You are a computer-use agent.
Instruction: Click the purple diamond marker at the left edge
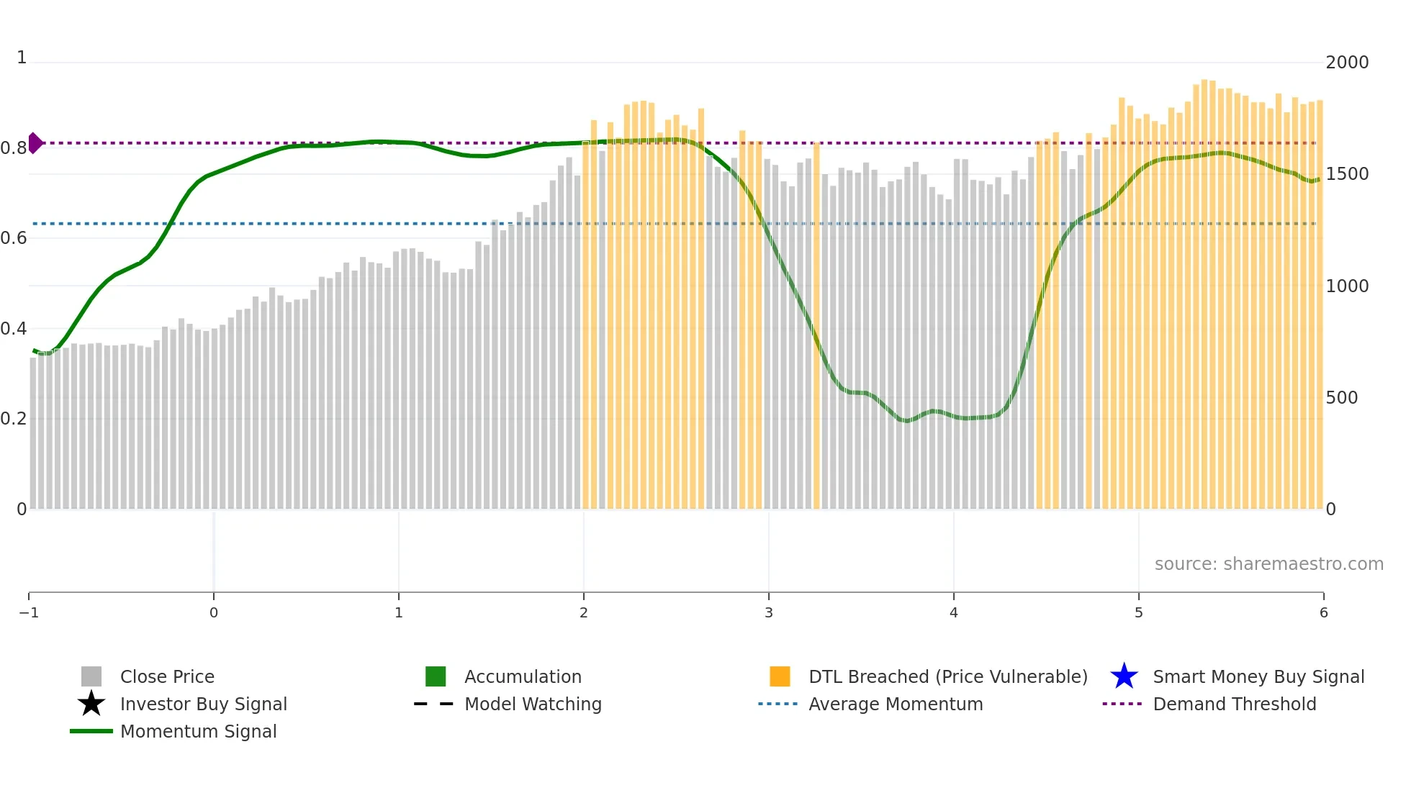coord(35,143)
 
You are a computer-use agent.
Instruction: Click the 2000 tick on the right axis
coord(1347,63)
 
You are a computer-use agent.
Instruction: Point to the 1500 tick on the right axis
coord(1347,174)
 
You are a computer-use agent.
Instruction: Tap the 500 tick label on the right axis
coord(1342,398)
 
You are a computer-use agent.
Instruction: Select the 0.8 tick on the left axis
coord(14,148)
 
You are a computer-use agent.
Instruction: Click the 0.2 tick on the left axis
coord(14,419)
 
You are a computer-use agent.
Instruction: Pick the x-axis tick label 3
coord(769,613)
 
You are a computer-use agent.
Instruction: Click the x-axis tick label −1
coord(29,613)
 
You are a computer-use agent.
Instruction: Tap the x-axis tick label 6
coord(1323,613)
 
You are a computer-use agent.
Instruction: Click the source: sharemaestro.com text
coord(1268,564)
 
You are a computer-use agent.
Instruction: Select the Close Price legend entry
coord(167,677)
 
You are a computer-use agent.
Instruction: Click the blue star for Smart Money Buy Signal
coord(1124,676)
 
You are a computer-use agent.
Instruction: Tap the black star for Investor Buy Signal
coord(91,704)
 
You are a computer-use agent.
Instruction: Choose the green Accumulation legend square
coord(436,676)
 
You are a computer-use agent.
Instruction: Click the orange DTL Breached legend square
coord(780,676)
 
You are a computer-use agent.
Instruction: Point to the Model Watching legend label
coord(533,704)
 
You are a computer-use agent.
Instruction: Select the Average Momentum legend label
coord(896,704)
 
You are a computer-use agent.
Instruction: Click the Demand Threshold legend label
coord(1234,704)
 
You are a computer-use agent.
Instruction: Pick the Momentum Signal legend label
coord(198,732)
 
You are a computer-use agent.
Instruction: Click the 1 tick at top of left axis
coord(22,58)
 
